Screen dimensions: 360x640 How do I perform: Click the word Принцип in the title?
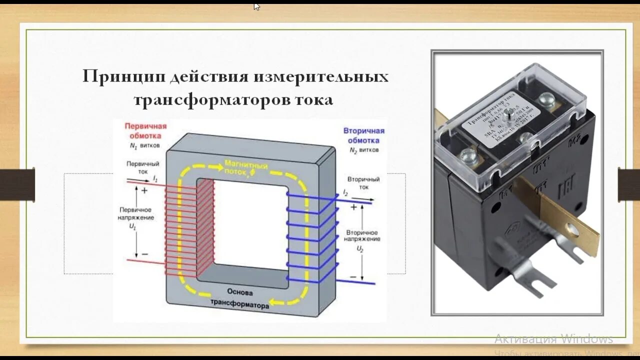(123, 77)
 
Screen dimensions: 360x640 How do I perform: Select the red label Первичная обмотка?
(145, 131)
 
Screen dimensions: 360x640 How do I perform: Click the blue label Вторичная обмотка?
(363, 135)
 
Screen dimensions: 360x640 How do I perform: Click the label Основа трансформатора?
(240, 297)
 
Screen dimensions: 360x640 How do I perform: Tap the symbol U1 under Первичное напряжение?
(133, 226)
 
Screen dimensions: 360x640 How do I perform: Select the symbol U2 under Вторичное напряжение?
(360, 248)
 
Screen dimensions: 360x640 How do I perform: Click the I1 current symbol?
(155, 178)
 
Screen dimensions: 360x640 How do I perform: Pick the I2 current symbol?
(345, 192)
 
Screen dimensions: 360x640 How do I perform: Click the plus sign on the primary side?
(144, 190)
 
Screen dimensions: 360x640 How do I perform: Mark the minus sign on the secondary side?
(353, 276)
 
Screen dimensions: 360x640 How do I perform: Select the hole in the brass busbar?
(572, 231)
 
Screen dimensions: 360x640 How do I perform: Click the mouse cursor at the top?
(256, 6)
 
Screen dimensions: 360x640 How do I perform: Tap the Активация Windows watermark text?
(553, 339)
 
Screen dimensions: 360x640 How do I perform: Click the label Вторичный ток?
(363, 183)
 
